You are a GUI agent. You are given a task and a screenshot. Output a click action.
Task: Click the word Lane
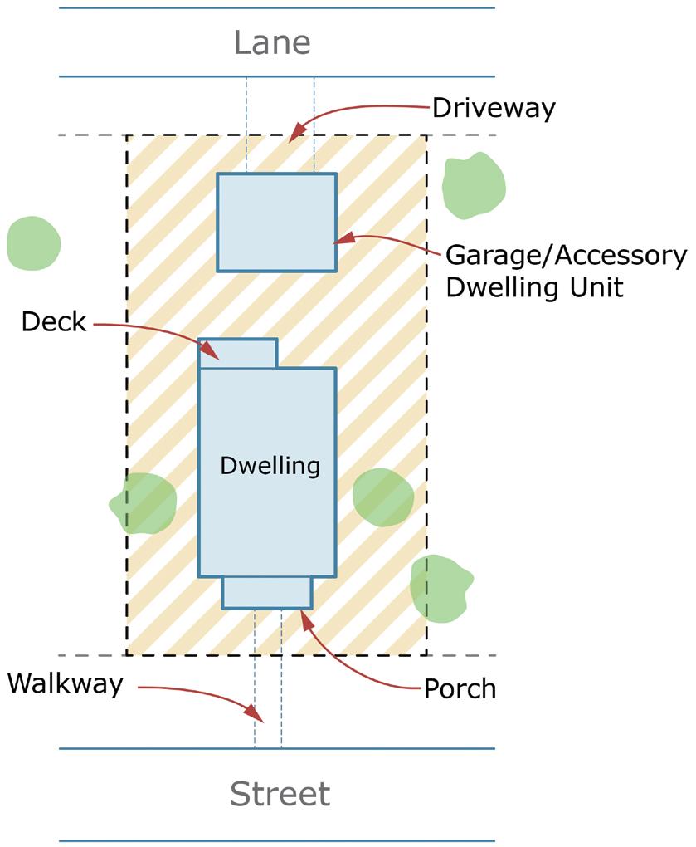tap(272, 42)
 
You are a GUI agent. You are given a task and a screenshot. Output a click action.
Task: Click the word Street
tap(280, 794)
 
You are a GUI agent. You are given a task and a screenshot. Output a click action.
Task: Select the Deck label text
tap(54, 321)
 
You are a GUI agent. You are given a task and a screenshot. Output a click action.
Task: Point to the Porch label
tap(460, 688)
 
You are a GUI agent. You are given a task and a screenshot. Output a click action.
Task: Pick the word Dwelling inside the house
tap(270, 466)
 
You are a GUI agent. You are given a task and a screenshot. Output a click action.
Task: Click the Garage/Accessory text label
tap(566, 256)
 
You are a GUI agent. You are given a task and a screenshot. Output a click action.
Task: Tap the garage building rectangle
tap(276, 222)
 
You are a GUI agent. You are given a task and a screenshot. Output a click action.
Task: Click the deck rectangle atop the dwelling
tap(238, 353)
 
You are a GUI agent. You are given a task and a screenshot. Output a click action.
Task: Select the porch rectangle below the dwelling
tap(267, 592)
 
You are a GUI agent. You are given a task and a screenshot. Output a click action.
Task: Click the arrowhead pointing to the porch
tap(304, 619)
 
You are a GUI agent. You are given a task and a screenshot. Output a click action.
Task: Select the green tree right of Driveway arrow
tap(473, 184)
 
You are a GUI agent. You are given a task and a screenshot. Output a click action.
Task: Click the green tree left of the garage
tap(33, 242)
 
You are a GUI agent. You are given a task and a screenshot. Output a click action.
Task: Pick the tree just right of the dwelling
tap(382, 497)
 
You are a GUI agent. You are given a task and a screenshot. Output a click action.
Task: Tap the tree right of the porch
tap(440, 588)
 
